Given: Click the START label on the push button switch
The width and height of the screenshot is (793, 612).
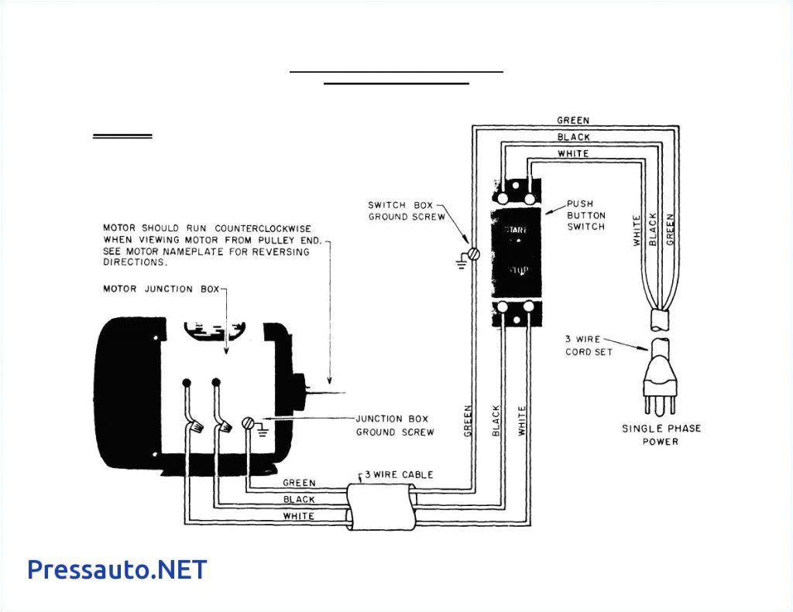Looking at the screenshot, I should point(517,230).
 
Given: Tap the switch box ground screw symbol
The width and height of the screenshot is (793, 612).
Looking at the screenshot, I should point(474,254).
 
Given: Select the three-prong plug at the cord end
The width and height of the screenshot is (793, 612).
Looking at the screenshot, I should point(661,374).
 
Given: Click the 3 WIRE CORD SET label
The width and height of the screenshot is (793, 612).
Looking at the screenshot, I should point(589,346).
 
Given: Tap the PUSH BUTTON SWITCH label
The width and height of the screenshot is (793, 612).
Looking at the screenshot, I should point(586,215).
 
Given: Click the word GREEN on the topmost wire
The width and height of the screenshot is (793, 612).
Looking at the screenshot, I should point(573,121).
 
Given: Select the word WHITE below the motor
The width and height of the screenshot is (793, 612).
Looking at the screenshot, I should point(298,516).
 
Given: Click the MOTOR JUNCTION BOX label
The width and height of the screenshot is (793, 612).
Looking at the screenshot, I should point(161,289).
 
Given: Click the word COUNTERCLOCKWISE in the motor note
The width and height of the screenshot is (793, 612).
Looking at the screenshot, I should point(263,228).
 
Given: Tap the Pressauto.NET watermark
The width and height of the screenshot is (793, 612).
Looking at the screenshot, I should point(117,569).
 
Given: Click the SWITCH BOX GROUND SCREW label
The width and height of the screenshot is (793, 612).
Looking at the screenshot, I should point(406,210).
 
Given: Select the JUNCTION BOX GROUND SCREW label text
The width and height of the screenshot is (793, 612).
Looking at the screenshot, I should point(395,426).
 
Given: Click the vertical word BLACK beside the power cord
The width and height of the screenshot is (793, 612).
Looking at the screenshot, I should point(654,230).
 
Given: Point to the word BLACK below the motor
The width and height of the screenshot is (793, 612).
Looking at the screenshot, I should point(299,500).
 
